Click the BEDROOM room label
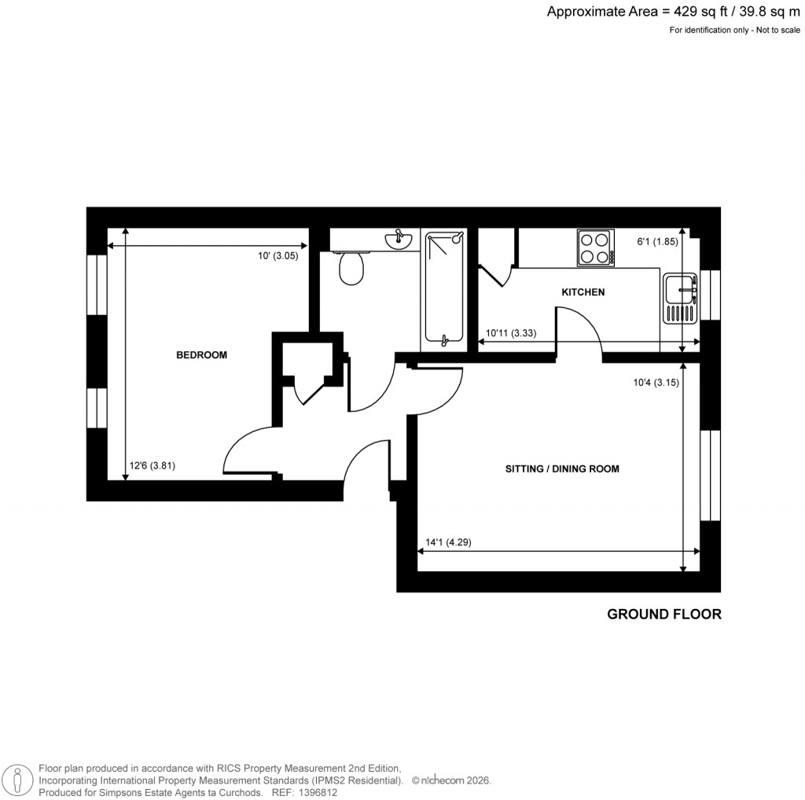[201, 355]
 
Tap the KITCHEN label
[583, 292]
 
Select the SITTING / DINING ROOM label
[562, 469]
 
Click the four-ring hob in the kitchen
[595, 247]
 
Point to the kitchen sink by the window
[680, 299]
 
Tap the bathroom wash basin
[399, 240]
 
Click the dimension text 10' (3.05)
[278, 256]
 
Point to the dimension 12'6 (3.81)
[152, 465]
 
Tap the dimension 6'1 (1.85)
[657, 242]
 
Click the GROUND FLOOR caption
[663, 615]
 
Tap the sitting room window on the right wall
[710, 475]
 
